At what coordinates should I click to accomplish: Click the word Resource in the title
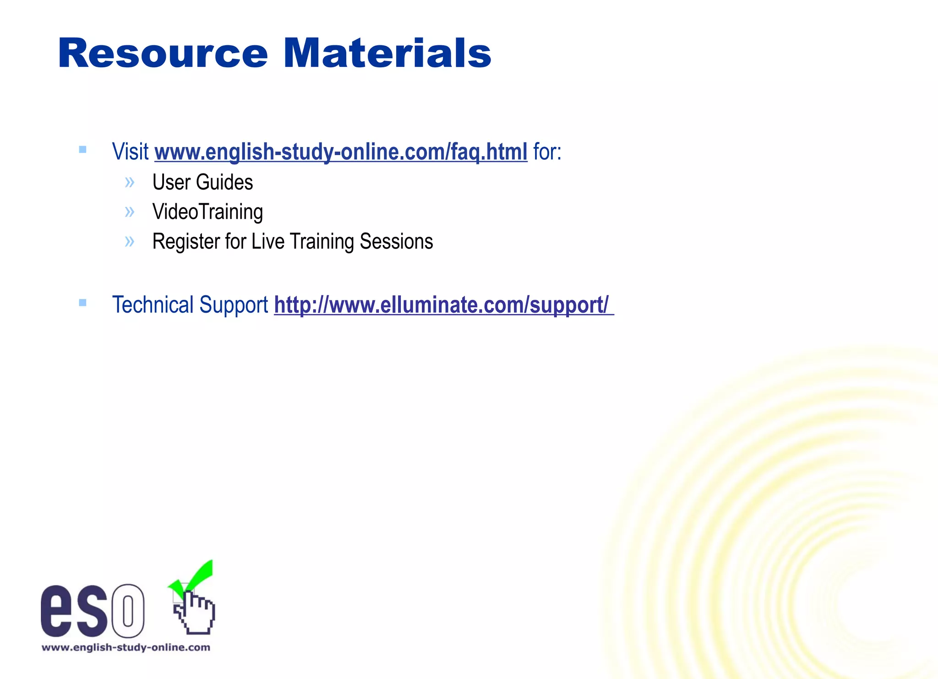pyautogui.click(x=163, y=54)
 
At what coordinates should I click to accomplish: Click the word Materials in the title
pyautogui.click(x=387, y=54)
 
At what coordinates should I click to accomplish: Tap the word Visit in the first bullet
pyautogui.click(x=130, y=152)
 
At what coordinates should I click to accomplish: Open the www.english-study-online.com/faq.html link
pyautogui.click(x=341, y=152)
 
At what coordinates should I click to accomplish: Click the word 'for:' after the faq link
pyautogui.click(x=547, y=152)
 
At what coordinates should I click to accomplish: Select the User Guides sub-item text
pyautogui.click(x=202, y=182)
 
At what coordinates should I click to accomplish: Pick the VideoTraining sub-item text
pyautogui.click(x=207, y=212)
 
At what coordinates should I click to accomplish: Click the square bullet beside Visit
pyautogui.click(x=82, y=149)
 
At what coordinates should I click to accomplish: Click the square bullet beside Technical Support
pyautogui.click(x=82, y=302)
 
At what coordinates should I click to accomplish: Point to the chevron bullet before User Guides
pyautogui.click(x=130, y=183)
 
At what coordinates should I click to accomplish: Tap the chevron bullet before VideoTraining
pyautogui.click(x=130, y=212)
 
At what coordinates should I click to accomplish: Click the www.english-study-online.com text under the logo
pyautogui.click(x=126, y=647)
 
